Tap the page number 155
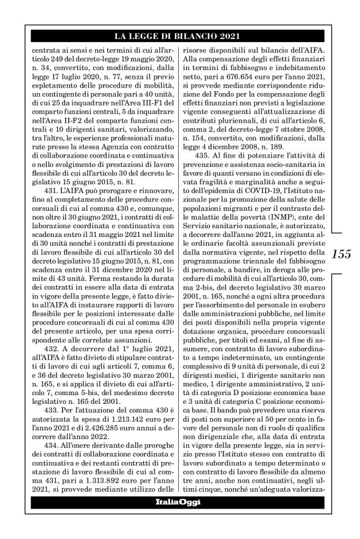pos(341,254)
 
